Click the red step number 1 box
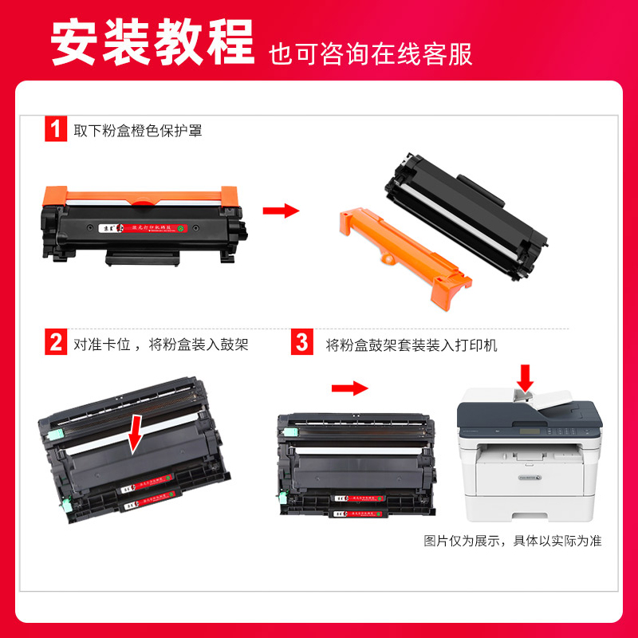(55, 129)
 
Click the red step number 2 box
(55, 344)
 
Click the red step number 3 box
(302, 344)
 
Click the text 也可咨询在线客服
(370, 53)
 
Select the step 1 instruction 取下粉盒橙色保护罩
(138, 130)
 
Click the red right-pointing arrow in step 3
(350, 388)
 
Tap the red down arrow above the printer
(526, 376)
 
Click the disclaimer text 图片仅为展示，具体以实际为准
(512, 540)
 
